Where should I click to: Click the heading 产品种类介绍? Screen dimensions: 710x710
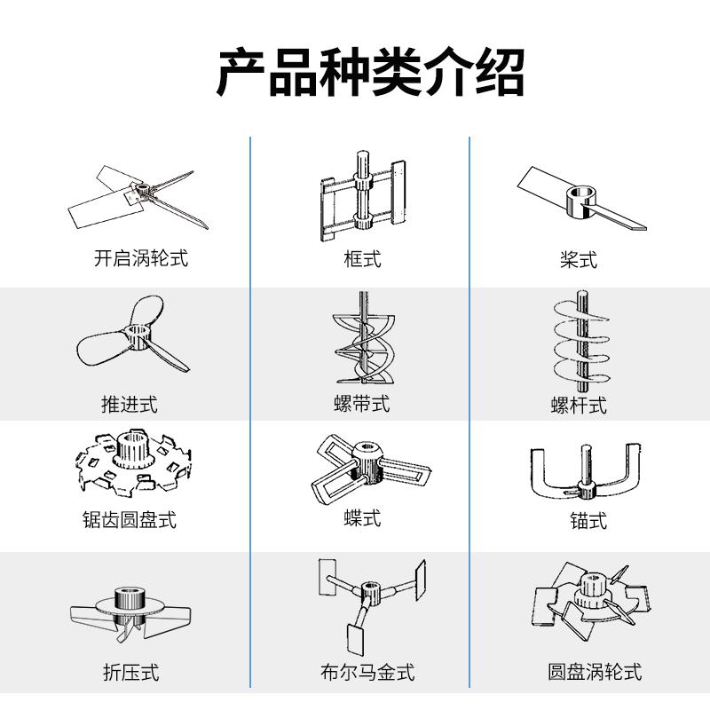pos(370,74)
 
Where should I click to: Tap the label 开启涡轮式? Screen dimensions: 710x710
pos(141,259)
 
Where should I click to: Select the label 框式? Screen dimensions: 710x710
pos(362,259)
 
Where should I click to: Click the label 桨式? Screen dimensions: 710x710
pos(579,259)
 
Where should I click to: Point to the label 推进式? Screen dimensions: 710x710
pos(129,405)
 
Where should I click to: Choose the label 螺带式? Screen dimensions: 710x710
pos(361,405)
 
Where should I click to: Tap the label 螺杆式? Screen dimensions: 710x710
pos(579,406)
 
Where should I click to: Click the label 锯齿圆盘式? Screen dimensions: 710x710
pos(130,520)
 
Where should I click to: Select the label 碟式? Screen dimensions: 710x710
pos(362,517)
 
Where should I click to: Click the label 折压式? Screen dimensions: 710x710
pos(130,673)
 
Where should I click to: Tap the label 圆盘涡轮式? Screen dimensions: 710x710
pos(595,672)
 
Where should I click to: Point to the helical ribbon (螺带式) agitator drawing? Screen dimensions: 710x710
pos(361,342)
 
